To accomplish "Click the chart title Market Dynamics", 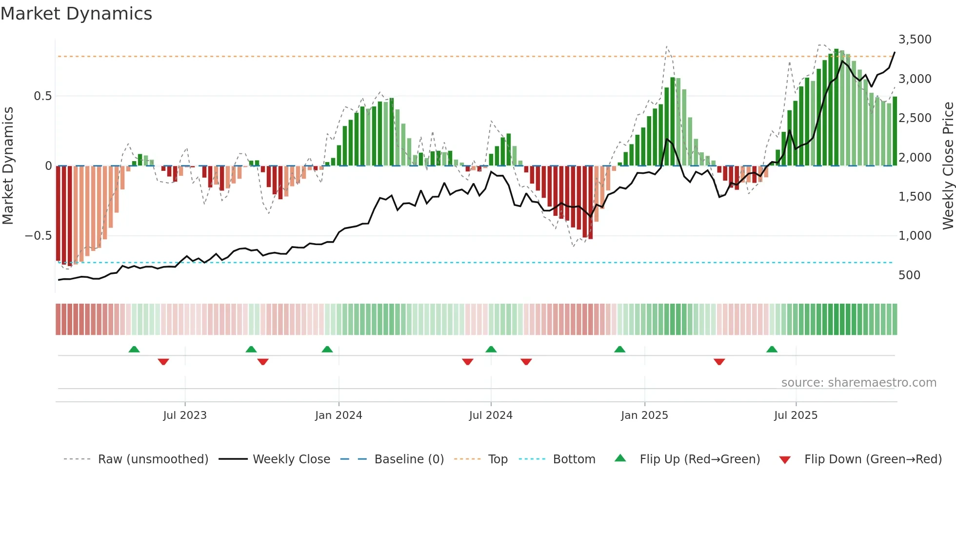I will point(76,14).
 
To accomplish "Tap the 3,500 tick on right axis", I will point(915,40).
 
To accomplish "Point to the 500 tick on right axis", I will point(909,275).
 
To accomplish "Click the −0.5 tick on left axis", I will point(38,236).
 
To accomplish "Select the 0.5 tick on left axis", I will point(42,96).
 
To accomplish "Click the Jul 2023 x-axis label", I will point(185,415).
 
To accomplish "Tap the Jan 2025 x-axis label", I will point(644,415).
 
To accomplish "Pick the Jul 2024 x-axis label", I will point(491,415).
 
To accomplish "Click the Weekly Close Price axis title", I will point(948,166).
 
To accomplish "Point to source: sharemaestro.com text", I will point(858,383).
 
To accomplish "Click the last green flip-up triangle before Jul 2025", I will point(772,350).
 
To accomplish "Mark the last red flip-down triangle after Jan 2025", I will point(719,362).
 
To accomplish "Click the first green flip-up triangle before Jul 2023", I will point(134,350).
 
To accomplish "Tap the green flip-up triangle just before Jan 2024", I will point(327,350).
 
